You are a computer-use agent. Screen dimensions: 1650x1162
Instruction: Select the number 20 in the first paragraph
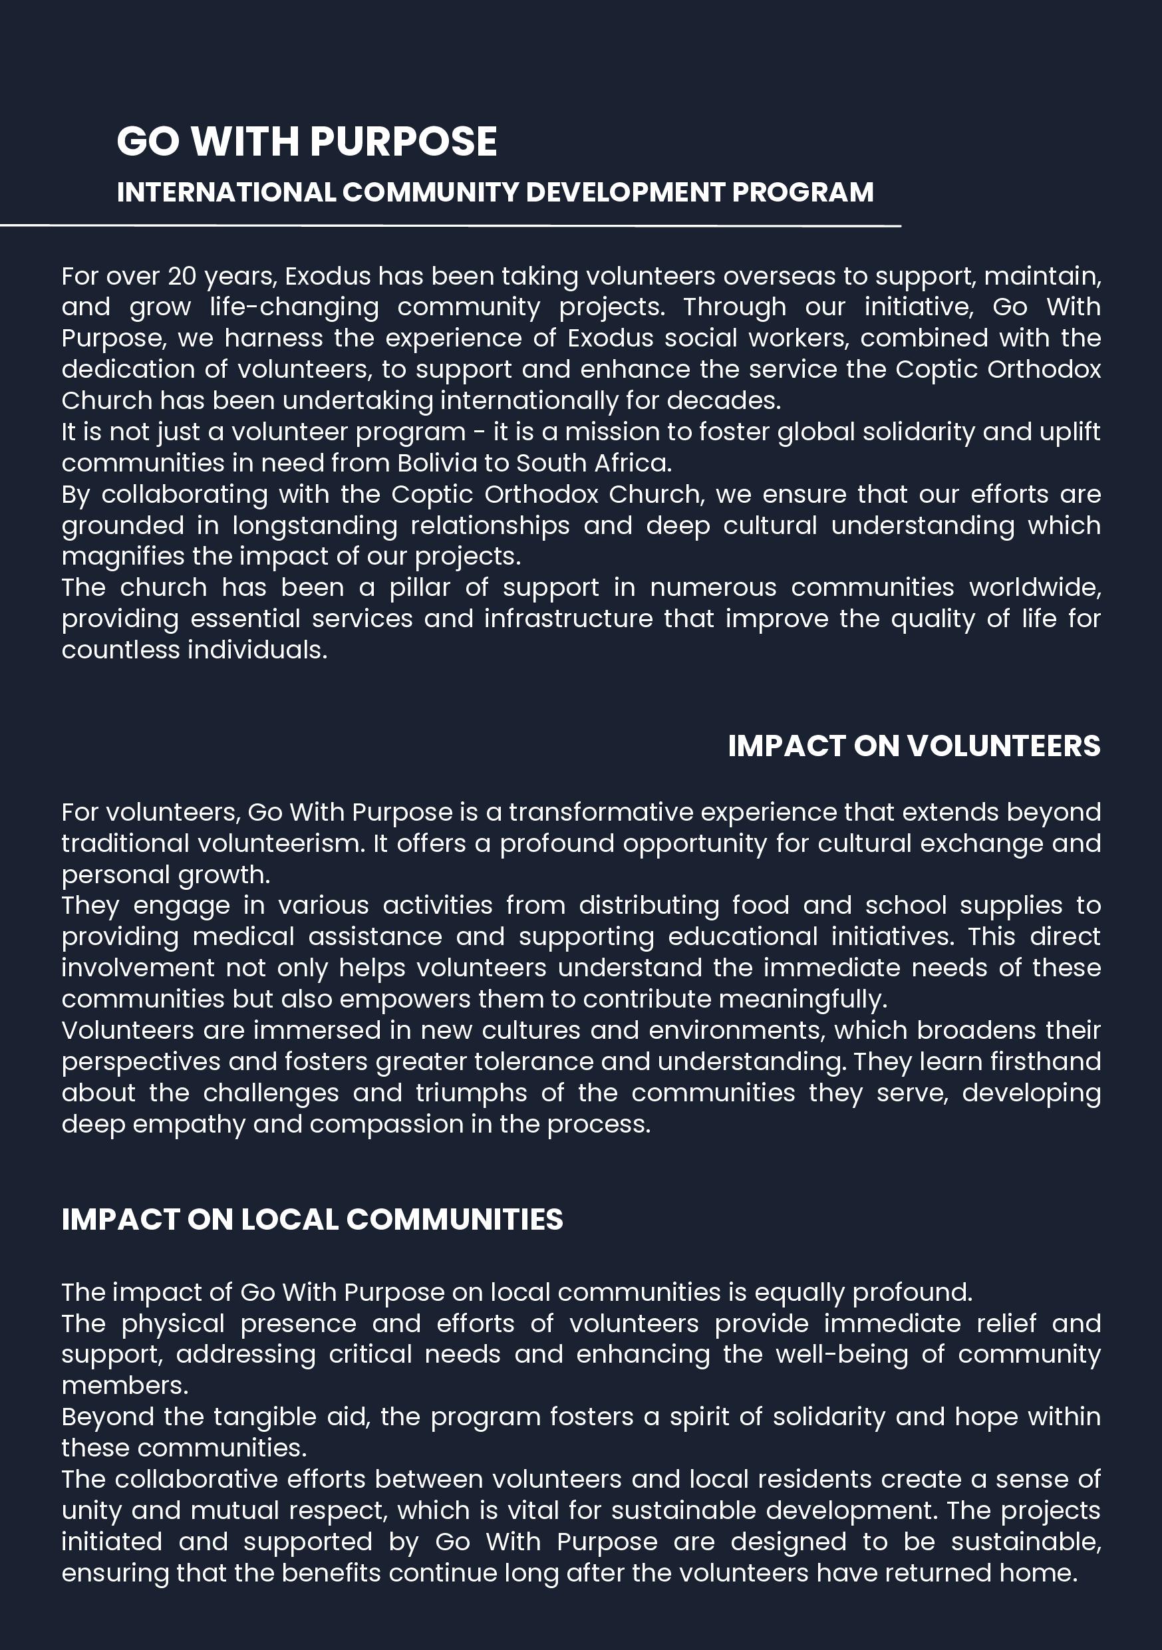coord(182,276)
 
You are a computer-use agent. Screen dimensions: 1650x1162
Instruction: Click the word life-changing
coord(294,307)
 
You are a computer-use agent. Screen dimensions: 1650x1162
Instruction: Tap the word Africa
coord(633,463)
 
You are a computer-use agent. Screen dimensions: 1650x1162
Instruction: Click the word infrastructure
coord(568,619)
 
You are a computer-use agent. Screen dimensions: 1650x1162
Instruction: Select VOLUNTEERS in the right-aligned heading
coord(1003,746)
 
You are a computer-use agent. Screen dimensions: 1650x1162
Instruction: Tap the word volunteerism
coord(281,843)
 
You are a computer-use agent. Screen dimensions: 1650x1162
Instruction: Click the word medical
coord(243,936)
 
